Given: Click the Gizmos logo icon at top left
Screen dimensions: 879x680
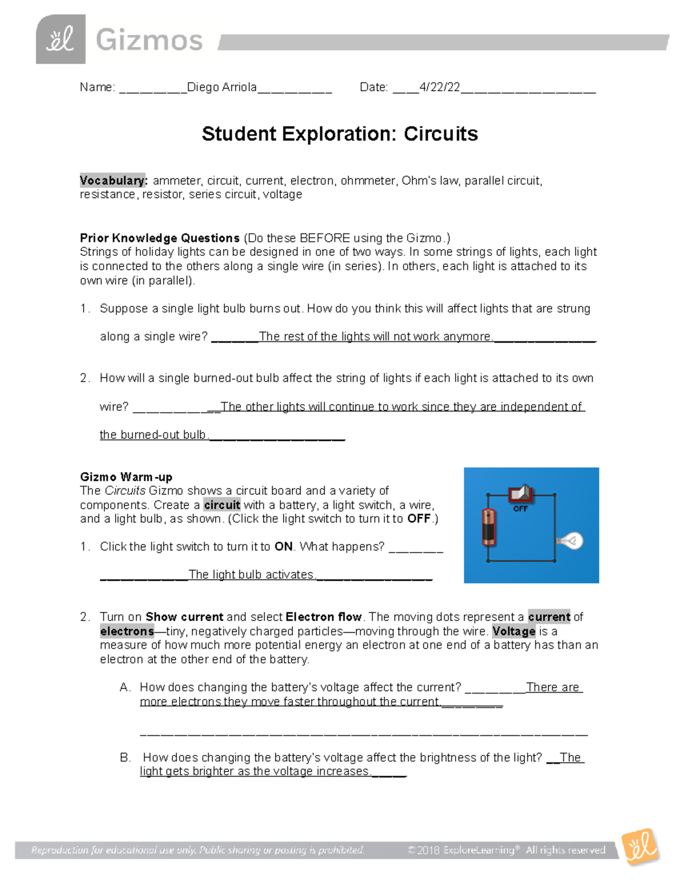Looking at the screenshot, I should (x=61, y=39).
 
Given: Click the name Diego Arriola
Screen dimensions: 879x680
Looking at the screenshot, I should (x=222, y=87).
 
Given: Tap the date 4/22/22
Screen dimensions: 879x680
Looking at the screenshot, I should (x=439, y=87).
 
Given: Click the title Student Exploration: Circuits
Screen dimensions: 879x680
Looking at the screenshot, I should (x=339, y=134).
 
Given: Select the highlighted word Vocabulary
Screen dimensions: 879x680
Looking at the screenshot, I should (x=113, y=181).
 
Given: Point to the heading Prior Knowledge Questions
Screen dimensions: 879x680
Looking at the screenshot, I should (x=160, y=238).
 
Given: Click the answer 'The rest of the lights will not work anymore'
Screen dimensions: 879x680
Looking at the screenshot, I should (x=375, y=337).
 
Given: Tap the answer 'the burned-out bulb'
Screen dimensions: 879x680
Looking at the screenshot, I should (x=153, y=435).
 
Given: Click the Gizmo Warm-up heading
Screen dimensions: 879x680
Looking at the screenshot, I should (x=126, y=477).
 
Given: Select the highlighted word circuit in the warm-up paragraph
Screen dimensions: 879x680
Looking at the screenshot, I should (x=222, y=505).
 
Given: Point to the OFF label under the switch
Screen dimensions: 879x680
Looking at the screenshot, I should (x=520, y=509).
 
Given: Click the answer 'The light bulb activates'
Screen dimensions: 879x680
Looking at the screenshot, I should (x=252, y=575).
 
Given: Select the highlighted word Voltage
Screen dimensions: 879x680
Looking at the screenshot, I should (x=513, y=631).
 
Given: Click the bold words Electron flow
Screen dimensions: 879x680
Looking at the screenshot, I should (x=324, y=617).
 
